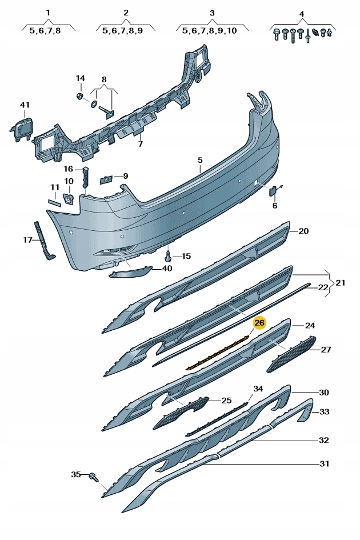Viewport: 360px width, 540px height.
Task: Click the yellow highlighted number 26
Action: (x=259, y=323)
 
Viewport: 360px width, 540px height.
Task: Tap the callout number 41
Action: (x=24, y=105)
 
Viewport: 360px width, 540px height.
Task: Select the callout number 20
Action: (x=303, y=231)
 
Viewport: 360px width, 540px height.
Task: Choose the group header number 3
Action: (x=212, y=13)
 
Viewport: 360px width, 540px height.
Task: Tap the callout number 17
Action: (x=27, y=240)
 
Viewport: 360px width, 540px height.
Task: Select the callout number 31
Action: (x=325, y=463)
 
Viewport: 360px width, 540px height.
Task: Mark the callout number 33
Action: (x=325, y=411)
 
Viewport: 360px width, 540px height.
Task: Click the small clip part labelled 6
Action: (x=274, y=190)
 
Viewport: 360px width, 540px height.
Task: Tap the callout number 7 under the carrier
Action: (x=140, y=144)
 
